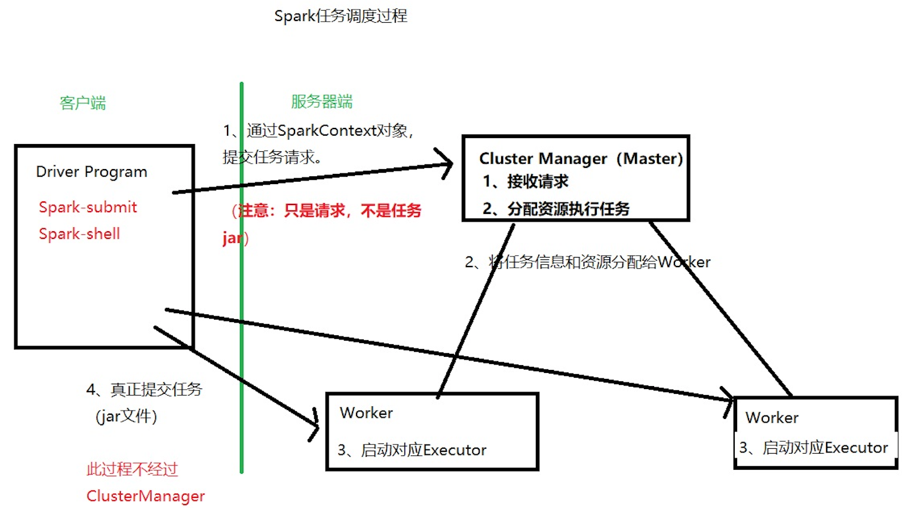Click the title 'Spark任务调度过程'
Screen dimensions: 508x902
click(340, 16)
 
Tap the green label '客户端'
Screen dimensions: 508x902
click(83, 103)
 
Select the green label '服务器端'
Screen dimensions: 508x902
click(321, 102)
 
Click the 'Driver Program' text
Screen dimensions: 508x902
click(91, 172)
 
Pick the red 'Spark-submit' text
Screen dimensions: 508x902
click(88, 207)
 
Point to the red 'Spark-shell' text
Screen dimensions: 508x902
click(79, 234)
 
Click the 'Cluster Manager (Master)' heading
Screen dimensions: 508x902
click(581, 158)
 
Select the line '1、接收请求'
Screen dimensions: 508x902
click(526, 181)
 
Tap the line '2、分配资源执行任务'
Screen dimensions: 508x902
click(556, 209)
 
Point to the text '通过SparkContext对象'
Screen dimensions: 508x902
click(329, 131)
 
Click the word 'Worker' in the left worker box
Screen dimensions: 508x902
click(366, 413)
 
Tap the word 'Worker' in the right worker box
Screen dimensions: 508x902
click(772, 418)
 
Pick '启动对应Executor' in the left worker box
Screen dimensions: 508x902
click(424, 450)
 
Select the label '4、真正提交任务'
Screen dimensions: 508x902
click(145, 390)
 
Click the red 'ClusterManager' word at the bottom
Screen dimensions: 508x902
click(146, 496)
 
